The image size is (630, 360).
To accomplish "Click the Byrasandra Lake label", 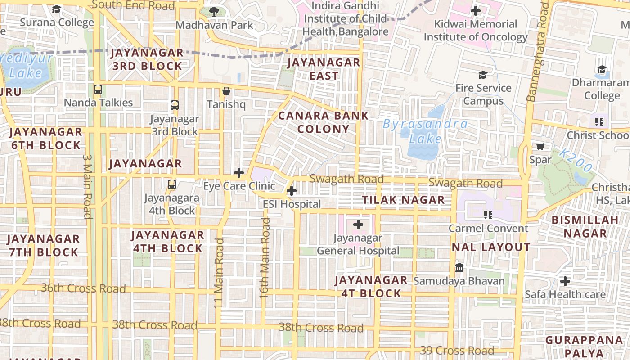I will [x=425, y=131].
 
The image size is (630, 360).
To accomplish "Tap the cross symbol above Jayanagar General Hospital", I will [x=358, y=224].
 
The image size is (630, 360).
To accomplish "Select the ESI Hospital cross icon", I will [x=292, y=191].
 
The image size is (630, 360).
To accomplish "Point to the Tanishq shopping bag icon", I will [x=226, y=91].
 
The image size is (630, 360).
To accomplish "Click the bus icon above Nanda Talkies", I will [x=98, y=90].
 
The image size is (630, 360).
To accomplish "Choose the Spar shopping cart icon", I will [x=540, y=146].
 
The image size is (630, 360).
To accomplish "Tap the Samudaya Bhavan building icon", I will [x=459, y=267].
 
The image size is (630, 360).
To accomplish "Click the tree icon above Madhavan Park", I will [x=214, y=11].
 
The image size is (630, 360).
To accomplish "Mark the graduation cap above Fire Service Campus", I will [x=483, y=75].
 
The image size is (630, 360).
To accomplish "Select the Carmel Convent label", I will [x=488, y=228].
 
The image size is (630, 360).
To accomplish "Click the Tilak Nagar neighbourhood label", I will [x=403, y=200].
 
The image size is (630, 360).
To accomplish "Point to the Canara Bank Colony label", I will [x=324, y=122].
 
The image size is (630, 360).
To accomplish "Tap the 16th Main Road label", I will [x=265, y=258].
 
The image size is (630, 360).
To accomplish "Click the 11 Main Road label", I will [x=219, y=273].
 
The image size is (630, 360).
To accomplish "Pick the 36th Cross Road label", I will [x=83, y=288].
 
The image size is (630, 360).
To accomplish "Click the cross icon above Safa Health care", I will [x=565, y=281].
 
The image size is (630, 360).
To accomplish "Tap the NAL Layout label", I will [x=491, y=247].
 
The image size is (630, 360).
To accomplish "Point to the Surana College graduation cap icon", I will [x=57, y=9].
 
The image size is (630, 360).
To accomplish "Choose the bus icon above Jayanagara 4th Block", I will [x=171, y=184].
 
